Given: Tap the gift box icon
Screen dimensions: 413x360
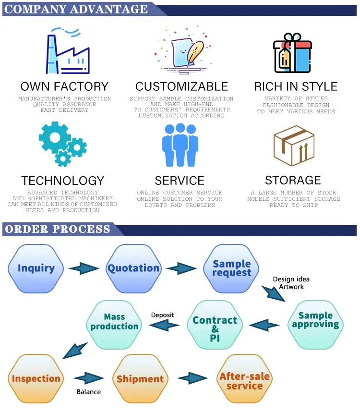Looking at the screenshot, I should point(292,53).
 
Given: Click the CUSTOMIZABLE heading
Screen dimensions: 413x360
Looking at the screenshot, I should point(181,86).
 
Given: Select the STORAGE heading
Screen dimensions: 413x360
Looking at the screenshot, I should point(293,180).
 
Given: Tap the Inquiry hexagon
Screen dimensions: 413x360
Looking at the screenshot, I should point(36,268).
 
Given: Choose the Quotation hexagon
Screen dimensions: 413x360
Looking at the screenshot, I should point(133,268).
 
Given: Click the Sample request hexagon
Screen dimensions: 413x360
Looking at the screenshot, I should point(232,268).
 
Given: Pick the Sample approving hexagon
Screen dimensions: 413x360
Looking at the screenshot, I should point(315,320).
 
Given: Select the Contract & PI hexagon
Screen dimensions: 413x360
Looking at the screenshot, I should point(215,325).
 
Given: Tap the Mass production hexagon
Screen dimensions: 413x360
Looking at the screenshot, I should point(114,321).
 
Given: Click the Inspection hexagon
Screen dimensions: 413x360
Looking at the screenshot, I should point(36,378).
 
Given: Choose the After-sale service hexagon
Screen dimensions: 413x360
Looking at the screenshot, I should point(244,380).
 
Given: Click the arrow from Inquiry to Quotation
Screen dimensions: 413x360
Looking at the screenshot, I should point(84,268).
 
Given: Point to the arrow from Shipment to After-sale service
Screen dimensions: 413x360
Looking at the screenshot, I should point(192,378).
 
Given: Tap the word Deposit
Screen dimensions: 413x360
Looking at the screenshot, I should point(162,315).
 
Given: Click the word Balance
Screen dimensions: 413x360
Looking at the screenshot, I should point(89,392).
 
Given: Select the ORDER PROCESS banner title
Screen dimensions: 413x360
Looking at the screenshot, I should point(58,229).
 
